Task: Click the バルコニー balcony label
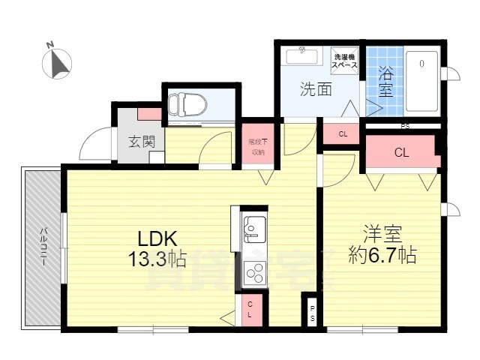pyautogui.click(x=44, y=247)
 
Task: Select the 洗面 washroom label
pyautogui.click(x=316, y=90)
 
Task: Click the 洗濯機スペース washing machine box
pyautogui.click(x=346, y=61)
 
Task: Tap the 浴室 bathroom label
pyautogui.click(x=385, y=82)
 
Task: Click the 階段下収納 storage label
pyautogui.click(x=257, y=146)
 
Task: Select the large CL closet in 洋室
pyautogui.click(x=401, y=152)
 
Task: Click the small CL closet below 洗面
pyautogui.click(x=343, y=134)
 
